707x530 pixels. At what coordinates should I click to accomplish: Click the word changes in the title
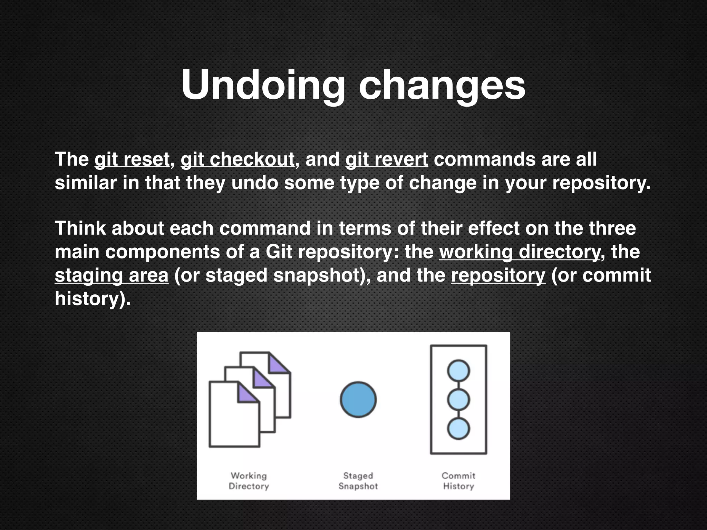(x=442, y=85)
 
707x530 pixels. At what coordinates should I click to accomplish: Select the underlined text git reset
(x=132, y=159)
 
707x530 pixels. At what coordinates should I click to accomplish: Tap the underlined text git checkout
(x=238, y=159)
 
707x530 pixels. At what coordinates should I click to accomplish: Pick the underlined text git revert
(x=387, y=159)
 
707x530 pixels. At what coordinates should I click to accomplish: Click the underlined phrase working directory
(x=520, y=252)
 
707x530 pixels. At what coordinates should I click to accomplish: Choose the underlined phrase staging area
(x=112, y=275)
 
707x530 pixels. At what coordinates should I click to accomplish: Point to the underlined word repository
(x=498, y=275)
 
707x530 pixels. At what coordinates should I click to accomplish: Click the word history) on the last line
(x=93, y=298)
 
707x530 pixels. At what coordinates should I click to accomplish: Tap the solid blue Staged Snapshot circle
(x=358, y=400)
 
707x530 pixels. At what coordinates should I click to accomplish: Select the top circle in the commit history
(x=458, y=371)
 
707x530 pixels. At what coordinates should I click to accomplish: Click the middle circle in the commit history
(x=458, y=400)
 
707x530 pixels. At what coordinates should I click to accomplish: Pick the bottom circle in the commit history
(x=458, y=429)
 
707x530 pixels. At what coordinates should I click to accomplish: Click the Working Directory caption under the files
(x=249, y=481)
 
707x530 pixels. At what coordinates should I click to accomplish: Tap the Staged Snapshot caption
(x=358, y=481)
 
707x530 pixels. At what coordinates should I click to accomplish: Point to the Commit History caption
(x=458, y=481)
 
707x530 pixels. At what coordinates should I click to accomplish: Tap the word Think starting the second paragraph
(x=80, y=228)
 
